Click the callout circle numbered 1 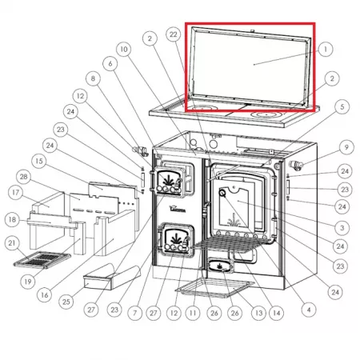pyautogui.click(x=326, y=49)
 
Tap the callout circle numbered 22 pyautogui.click(x=174, y=34)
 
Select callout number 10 pyautogui.click(x=124, y=50)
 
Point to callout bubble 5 pyautogui.click(x=342, y=106)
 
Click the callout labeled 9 pyautogui.click(x=346, y=147)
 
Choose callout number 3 pyautogui.click(x=342, y=228)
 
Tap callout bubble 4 pyautogui.click(x=309, y=310)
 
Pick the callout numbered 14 pyautogui.click(x=277, y=313)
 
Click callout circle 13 pyautogui.click(x=258, y=313)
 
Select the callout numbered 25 pyautogui.click(x=66, y=302)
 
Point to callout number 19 pyautogui.click(x=28, y=282)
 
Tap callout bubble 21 pyautogui.click(x=12, y=243)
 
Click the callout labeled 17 pyautogui.click(x=15, y=192)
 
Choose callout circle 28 pyautogui.click(x=24, y=177)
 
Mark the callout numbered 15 pyautogui.click(x=39, y=161)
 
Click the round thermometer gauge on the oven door pyautogui.click(x=222, y=193)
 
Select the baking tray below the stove pyautogui.click(x=215, y=288)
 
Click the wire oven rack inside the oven pyautogui.click(x=232, y=244)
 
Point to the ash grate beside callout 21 pyautogui.click(x=42, y=259)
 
